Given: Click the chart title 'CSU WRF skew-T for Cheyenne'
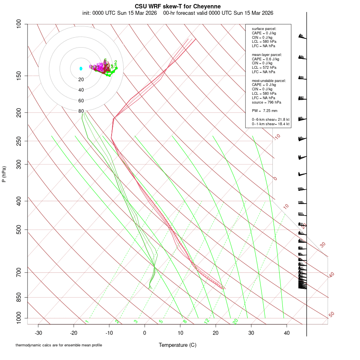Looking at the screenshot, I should coord(178,6).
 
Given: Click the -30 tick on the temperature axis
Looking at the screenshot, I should coord(38,332).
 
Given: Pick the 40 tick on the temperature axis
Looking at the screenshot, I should coord(286,332).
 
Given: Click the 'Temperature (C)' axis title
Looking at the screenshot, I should coord(178,345).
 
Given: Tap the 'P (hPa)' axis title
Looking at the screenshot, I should coord(4,174).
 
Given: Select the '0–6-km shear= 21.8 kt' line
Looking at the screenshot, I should coord(270,119).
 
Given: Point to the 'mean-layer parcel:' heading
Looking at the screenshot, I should coord(267,54).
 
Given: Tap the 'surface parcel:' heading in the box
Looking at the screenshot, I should coord(264,28).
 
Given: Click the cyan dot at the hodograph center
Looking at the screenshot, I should coord(81,69).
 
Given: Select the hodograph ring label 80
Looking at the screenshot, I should coord(81,111).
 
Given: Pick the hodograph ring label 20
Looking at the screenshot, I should coord(81,80).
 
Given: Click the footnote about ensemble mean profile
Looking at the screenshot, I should coord(59,345).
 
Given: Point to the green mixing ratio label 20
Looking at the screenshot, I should coord(235,321).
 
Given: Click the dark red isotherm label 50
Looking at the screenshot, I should coord(331,315).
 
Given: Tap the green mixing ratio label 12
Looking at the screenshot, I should coord(207,321).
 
